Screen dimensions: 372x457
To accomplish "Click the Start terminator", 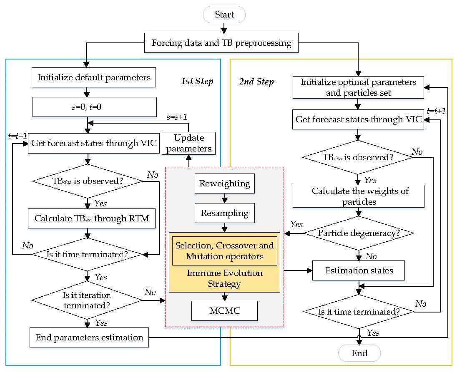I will [224, 15].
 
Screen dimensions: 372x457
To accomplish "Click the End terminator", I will [359, 353].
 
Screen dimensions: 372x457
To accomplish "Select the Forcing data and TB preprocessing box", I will [221, 43].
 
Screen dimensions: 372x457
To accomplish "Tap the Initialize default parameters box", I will [94, 77].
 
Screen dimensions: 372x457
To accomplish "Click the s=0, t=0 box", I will [94, 107].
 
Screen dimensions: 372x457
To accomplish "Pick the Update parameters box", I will [188, 144].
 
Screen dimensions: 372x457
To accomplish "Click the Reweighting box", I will [224, 184].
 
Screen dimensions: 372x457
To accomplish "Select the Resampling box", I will [224, 213].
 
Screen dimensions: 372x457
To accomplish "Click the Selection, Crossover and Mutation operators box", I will [224, 251].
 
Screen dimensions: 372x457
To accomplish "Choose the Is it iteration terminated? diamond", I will [87, 300].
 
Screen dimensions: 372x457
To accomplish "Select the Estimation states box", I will [359, 271].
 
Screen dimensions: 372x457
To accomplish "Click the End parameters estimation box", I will [89, 337].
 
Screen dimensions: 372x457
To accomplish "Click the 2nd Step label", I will [256, 82].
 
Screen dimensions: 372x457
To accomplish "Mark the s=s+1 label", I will [176, 117].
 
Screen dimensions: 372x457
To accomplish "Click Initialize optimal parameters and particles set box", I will [359, 87].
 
